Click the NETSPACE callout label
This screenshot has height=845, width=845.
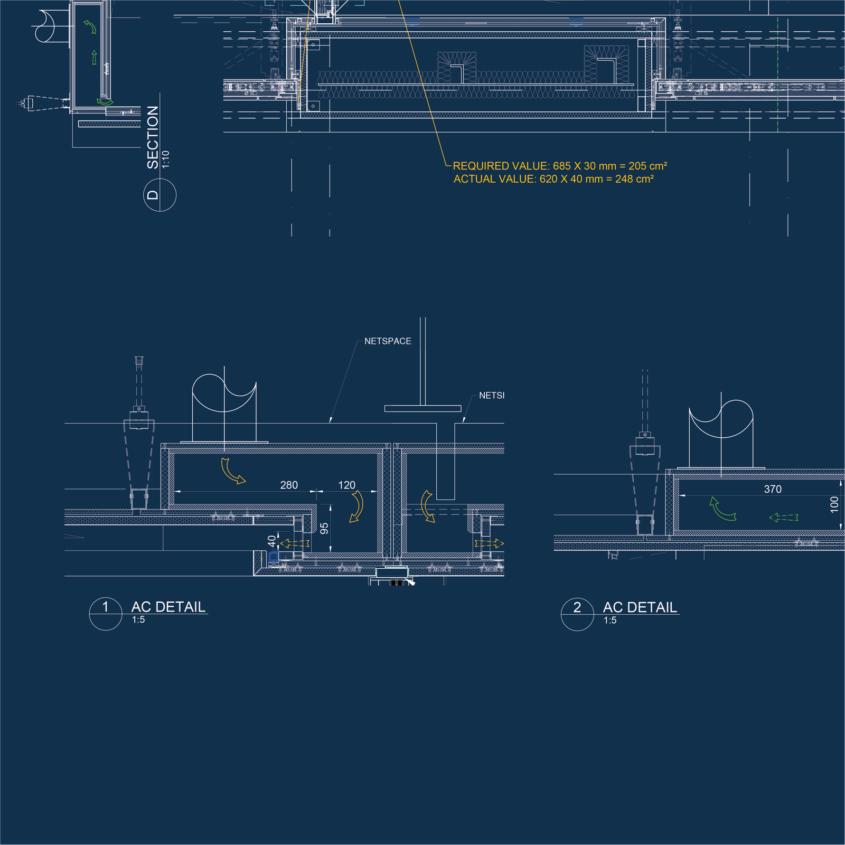point(388,341)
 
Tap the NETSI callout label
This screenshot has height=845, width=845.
point(491,396)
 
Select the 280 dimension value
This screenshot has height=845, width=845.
point(289,485)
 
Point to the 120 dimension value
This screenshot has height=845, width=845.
point(346,485)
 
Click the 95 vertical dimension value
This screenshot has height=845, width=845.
point(324,528)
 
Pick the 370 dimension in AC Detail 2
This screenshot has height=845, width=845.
point(773,489)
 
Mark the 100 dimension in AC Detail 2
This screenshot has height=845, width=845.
point(834,504)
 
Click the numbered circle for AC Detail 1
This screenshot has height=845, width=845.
point(106,614)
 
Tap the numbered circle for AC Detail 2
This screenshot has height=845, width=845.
point(577,614)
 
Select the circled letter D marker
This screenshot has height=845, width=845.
point(159,195)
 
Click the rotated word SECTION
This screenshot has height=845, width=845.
point(153,137)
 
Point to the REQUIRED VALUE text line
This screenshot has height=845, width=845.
point(560,166)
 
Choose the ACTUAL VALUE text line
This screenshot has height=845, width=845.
point(553,179)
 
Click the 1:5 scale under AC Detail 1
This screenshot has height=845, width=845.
point(138,620)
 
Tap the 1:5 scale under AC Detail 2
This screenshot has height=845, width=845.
point(610,621)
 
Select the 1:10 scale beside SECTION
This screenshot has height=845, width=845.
point(166,159)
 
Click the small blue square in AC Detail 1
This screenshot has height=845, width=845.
point(274,557)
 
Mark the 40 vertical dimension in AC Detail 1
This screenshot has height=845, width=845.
point(272,541)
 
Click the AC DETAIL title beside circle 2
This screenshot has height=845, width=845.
point(640,607)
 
